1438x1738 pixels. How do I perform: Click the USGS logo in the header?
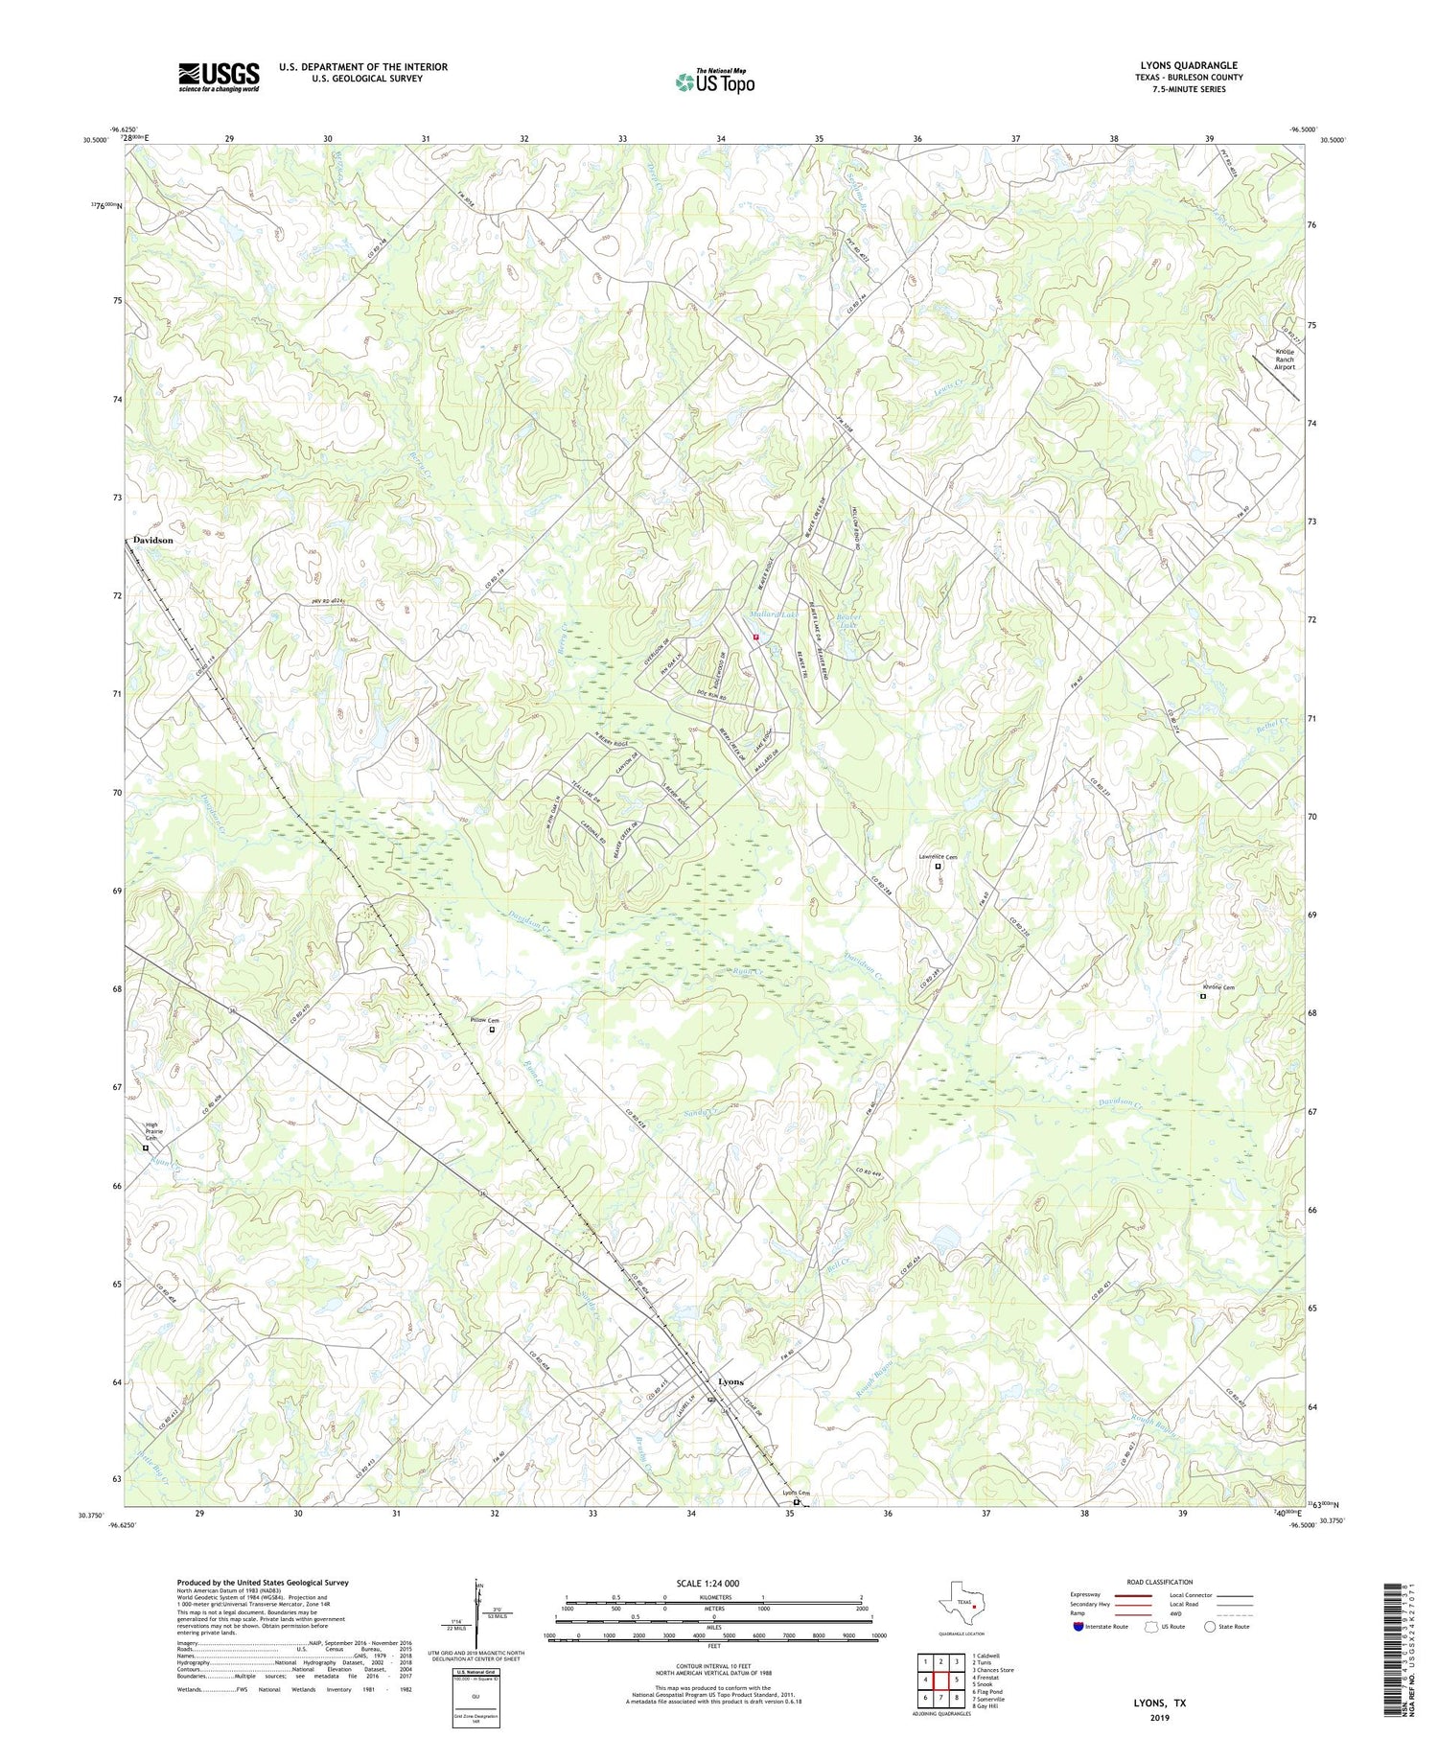tap(219, 77)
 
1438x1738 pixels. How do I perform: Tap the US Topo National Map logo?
tap(715, 81)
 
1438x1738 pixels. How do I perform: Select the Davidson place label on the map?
tap(153, 541)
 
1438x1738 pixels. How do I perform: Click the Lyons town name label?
tap(731, 1381)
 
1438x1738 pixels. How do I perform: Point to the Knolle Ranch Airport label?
tap(1285, 360)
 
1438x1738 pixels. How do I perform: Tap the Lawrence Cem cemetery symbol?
tap(939, 867)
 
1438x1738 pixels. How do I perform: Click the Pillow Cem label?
tap(485, 1021)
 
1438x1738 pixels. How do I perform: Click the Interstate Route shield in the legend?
tap(1078, 1627)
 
